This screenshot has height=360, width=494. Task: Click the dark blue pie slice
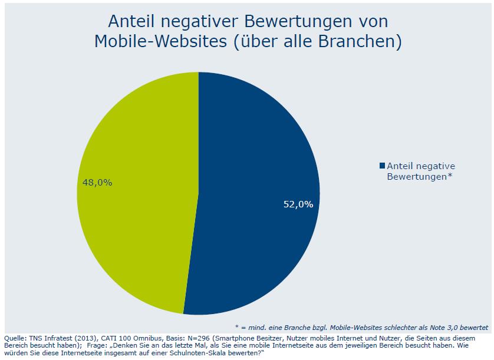(x=259, y=177)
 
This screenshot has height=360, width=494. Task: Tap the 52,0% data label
(x=298, y=204)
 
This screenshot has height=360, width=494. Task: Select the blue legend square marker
(x=383, y=166)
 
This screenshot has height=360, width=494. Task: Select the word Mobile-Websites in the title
(x=158, y=42)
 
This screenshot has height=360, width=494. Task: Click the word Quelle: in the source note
(x=14, y=338)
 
